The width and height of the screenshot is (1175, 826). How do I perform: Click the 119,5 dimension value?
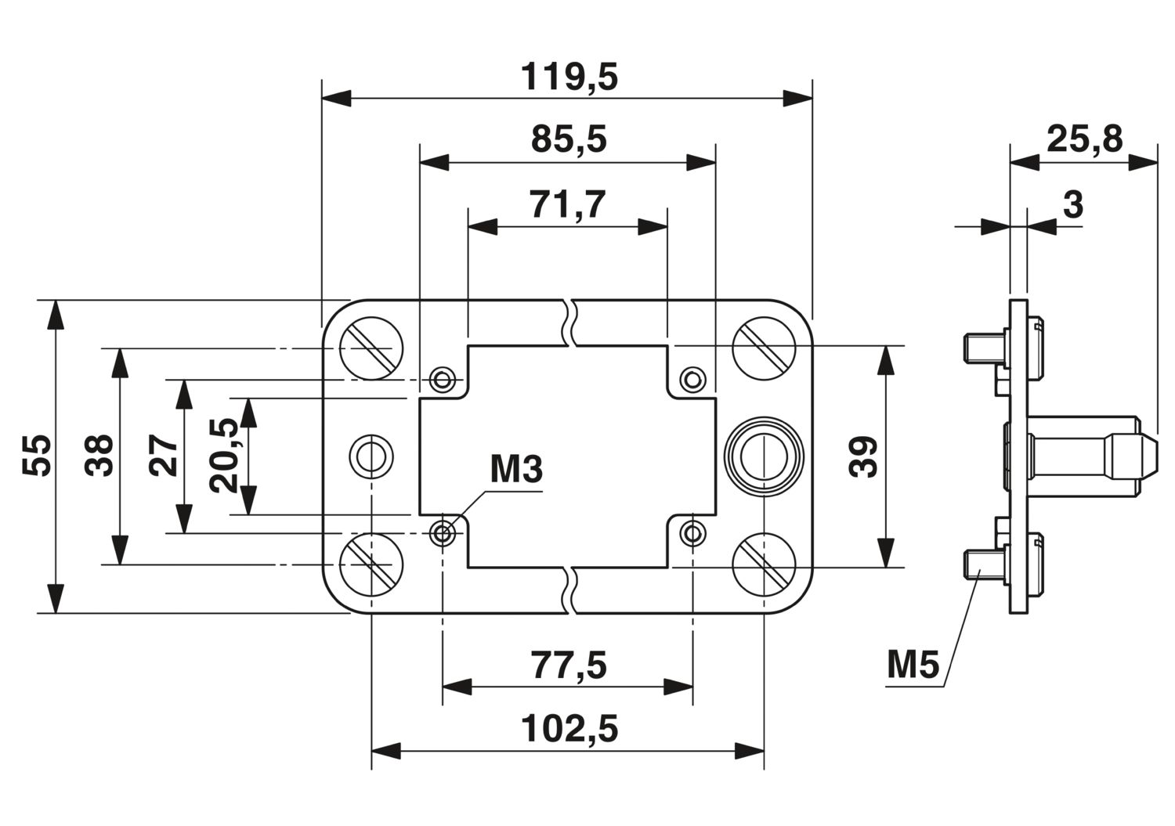569,78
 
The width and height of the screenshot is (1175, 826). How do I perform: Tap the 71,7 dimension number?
568,204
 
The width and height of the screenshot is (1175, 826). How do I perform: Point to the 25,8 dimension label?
1085,139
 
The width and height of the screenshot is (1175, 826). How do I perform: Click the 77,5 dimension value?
569,665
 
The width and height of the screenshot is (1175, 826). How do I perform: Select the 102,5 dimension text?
569,728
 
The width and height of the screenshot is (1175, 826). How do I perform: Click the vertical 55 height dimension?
37,455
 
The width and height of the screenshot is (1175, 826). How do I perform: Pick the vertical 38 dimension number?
99,455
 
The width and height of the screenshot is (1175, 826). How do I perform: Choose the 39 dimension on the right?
863,456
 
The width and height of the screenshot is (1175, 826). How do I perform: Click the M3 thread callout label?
516,470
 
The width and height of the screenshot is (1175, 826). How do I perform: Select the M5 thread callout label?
913,665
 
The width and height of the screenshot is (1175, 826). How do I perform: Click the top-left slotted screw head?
371,348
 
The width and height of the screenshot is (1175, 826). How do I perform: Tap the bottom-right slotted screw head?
764,564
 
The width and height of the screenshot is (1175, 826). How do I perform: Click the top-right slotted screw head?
764,348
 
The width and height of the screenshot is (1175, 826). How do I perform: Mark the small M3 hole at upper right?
693,379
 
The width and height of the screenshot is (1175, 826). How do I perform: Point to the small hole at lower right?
693,534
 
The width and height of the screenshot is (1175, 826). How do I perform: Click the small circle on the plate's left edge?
371,456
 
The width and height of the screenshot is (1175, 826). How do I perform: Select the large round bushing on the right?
764,456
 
